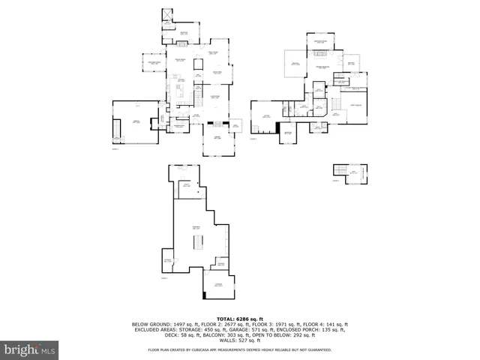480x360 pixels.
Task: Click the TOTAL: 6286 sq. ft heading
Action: [240, 319]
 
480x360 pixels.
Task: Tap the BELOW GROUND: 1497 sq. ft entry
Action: [163, 325]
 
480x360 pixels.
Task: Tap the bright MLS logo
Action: [30, 349]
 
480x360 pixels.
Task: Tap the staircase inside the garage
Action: [116, 130]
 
